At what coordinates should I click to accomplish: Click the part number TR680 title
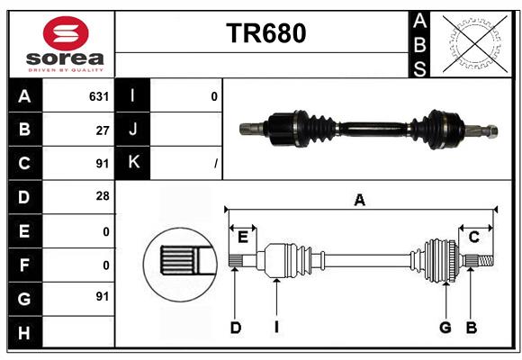[265, 33]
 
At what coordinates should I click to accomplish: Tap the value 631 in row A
[98, 96]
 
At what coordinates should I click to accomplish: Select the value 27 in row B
[102, 130]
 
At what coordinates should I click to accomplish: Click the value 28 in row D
[102, 196]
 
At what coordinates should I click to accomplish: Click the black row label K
[133, 163]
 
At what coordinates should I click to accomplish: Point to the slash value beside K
[215, 163]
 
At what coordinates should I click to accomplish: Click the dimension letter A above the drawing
[360, 201]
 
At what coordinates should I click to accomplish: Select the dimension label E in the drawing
[243, 237]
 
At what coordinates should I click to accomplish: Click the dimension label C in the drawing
[473, 237]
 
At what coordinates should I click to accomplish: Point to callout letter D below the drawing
[235, 328]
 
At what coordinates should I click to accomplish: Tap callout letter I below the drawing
[276, 328]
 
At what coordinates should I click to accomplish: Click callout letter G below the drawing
[445, 328]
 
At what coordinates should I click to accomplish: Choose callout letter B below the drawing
[471, 328]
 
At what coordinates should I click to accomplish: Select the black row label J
[133, 130]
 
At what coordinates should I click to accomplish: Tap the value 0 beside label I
[213, 96]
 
